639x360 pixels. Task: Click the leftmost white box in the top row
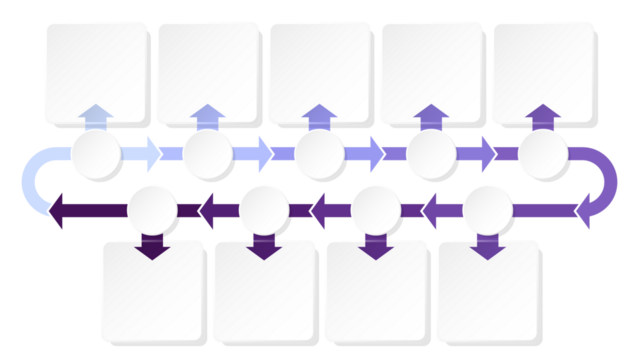(95, 71)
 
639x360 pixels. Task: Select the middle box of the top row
(319, 71)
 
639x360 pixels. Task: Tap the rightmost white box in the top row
(543, 71)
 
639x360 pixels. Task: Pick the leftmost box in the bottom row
(151, 291)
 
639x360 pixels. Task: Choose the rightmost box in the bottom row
(487, 291)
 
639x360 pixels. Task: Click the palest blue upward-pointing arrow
(95, 115)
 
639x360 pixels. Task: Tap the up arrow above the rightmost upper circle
(543, 115)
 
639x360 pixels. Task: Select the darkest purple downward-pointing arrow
(151, 247)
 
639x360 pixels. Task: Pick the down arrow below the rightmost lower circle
(487, 247)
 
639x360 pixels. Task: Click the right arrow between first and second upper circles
(149, 154)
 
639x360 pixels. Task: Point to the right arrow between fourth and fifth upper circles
(484, 154)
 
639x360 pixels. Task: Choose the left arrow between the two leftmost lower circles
(209, 210)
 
